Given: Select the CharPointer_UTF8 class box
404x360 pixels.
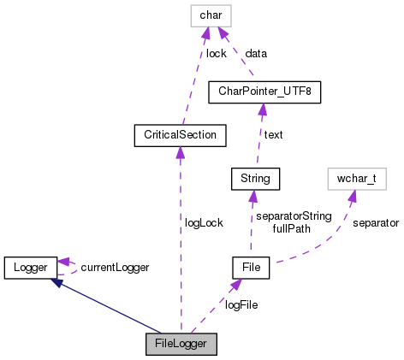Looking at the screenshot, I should click(264, 91).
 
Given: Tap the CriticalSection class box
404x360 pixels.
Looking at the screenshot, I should click(180, 135).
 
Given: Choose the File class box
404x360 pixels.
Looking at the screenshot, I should click(252, 269).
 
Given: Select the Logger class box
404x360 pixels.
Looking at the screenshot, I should click(30, 267).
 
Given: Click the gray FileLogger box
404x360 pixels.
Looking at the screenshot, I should click(181, 345).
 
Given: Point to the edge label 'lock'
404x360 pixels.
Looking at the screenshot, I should click(216, 53).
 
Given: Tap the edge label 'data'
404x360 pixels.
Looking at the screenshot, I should click(256, 53).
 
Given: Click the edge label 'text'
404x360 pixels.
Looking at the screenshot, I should click(274, 134).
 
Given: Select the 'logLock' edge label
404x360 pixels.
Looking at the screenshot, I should click(204, 222).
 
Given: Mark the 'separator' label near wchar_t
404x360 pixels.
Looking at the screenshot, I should click(377, 222).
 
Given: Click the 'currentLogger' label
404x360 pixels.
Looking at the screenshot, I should click(115, 268).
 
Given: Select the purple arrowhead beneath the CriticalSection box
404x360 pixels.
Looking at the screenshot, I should click(180, 152).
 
